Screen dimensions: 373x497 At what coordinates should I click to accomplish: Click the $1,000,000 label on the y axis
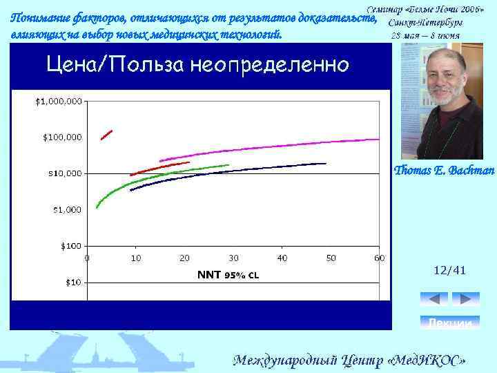pyautogui.click(x=59, y=102)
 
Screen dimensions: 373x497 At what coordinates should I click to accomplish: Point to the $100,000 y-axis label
pyautogui.click(x=63, y=137)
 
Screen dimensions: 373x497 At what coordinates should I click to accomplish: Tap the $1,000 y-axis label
pyautogui.click(x=65, y=209)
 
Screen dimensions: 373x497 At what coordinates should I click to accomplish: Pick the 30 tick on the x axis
pyautogui.click(x=233, y=258)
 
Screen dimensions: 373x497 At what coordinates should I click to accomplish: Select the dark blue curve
pyautogui.click(x=228, y=173)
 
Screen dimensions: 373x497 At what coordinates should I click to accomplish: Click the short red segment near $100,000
pyautogui.click(x=106, y=134)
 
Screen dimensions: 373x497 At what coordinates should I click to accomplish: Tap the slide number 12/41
pyautogui.click(x=449, y=272)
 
